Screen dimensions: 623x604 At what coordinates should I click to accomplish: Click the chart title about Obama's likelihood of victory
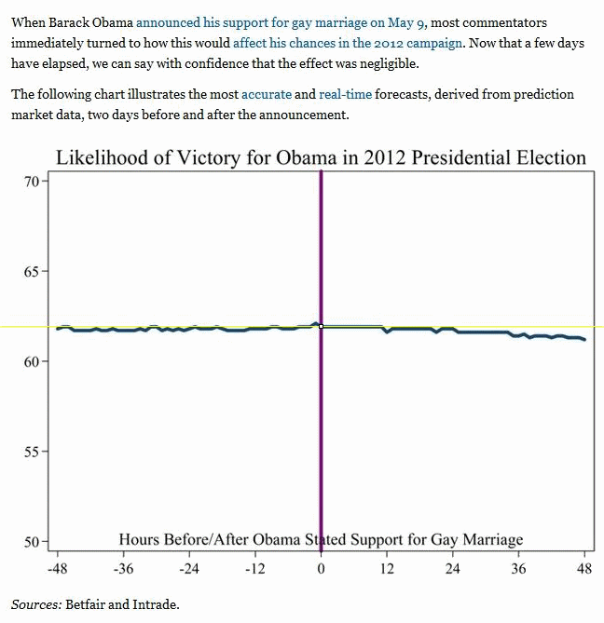pos(321,157)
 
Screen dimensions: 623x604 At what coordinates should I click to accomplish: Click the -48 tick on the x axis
pos(58,569)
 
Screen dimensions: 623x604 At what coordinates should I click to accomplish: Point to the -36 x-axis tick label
pos(124,569)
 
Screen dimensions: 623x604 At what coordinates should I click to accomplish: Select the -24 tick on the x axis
pos(189,569)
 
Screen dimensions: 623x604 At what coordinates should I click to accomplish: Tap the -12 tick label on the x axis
pos(255,569)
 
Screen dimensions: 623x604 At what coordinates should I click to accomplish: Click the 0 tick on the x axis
pos(322,569)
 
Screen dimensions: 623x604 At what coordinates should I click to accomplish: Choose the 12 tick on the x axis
pos(387,569)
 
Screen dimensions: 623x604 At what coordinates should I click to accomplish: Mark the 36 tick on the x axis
pos(518,569)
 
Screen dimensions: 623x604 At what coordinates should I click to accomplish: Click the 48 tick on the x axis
pos(584,569)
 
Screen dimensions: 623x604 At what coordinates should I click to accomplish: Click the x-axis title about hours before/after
pos(321,539)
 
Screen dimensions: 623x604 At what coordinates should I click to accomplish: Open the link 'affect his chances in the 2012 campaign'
pos(347,43)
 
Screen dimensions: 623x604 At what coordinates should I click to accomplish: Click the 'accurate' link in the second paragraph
pos(266,94)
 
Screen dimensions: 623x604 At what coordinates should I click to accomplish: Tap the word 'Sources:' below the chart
pos(36,604)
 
